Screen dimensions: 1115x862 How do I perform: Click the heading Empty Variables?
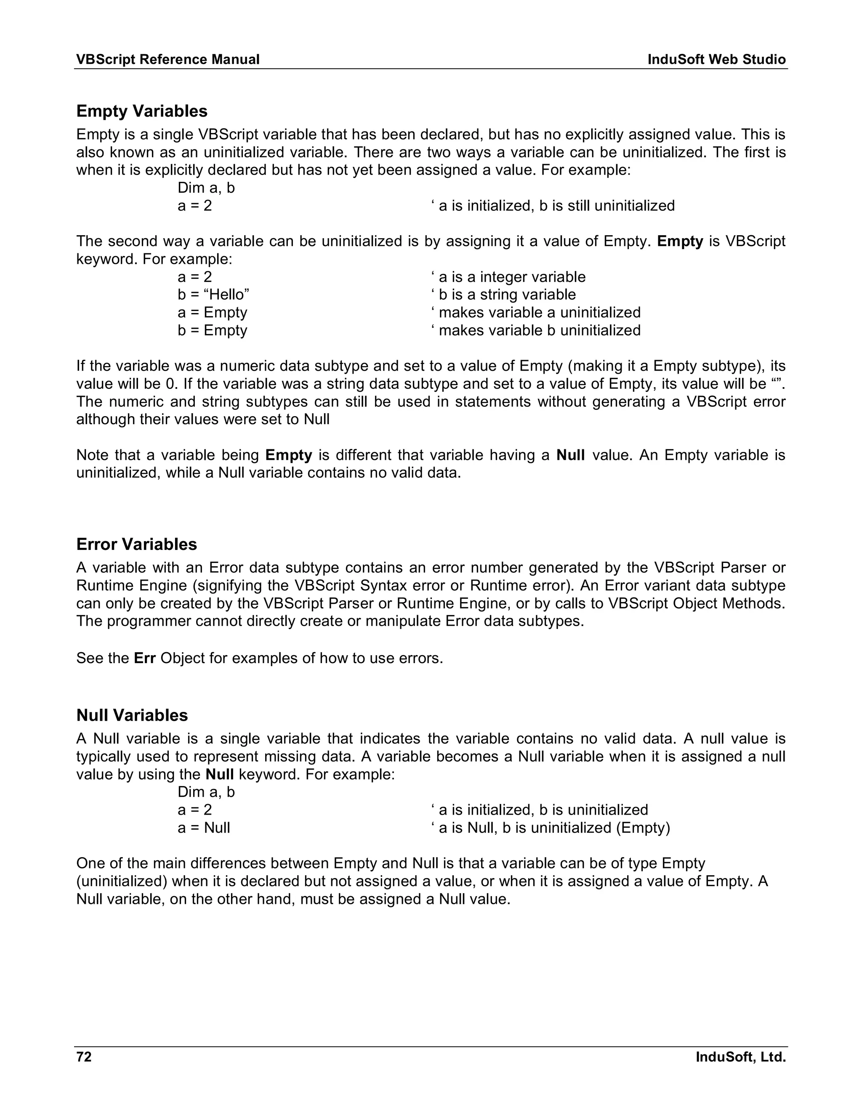tap(141, 111)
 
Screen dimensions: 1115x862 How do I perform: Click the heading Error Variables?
tap(136, 544)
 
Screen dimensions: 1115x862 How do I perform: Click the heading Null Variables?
tap(132, 715)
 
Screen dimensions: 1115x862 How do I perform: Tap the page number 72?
tap(84, 1057)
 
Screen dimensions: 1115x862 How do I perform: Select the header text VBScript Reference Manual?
tap(168, 60)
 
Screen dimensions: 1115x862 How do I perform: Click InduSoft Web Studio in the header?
tap(716, 60)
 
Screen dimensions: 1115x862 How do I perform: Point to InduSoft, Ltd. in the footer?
tap(740, 1057)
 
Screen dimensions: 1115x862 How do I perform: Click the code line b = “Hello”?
tap(213, 295)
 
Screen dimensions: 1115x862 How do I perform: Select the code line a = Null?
tap(204, 828)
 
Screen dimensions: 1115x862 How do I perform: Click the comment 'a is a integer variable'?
tap(508, 277)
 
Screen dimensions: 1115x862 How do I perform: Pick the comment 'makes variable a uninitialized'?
tap(536, 313)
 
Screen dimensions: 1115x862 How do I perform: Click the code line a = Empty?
tap(213, 313)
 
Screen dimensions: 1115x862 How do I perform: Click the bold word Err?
tap(144, 658)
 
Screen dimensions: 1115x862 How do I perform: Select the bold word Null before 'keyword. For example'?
tap(220, 775)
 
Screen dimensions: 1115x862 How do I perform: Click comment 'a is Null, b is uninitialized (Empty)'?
tap(551, 828)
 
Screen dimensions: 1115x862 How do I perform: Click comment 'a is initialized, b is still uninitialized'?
tap(553, 206)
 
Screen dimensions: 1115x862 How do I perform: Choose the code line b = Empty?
tap(213, 330)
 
